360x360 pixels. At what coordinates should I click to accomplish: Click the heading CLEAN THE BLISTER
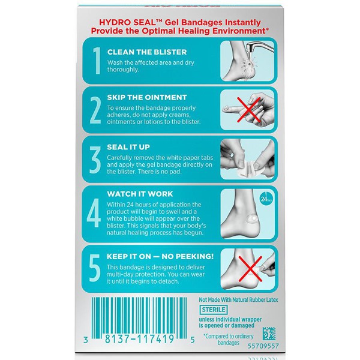point(147,52)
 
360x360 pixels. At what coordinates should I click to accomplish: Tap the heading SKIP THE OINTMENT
point(148,97)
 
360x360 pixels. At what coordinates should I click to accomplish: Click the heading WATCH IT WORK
point(140,194)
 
